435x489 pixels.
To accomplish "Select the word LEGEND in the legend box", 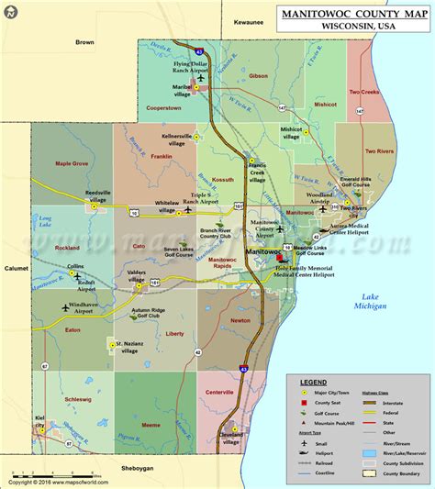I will pyautogui.click(x=313, y=381).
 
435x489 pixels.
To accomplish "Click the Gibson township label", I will pyautogui.click(x=259, y=76).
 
